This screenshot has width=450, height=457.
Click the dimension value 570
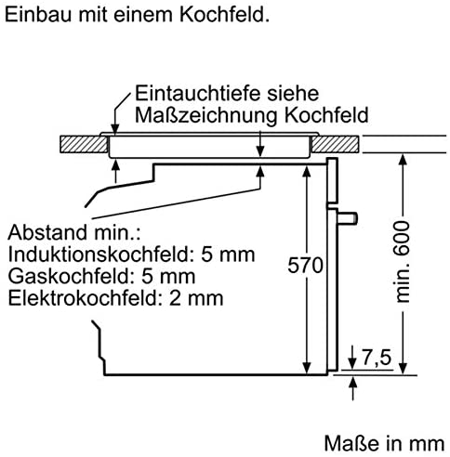click(x=305, y=266)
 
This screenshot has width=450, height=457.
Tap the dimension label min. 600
click(x=403, y=262)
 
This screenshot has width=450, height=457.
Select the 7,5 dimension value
click(x=377, y=358)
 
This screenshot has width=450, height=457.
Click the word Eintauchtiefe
click(x=200, y=93)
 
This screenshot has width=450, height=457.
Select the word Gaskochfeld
click(x=70, y=276)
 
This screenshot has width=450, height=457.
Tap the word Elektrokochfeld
click(x=84, y=298)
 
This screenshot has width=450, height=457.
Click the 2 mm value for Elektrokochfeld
click(x=196, y=298)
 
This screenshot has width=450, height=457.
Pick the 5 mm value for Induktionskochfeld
click(x=228, y=255)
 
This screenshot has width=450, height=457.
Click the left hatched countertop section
click(x=84, y=144)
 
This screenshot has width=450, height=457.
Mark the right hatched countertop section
click(x=336, y=144)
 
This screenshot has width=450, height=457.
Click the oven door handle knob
click(x=348, y=218)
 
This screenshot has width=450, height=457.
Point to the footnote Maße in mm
click(x=384, y=443)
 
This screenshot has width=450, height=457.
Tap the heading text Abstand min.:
click(x=74, y=232)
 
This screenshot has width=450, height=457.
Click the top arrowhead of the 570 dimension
click(x=306, y=171)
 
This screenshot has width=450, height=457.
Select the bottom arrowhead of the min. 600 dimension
click(x=403, y=368)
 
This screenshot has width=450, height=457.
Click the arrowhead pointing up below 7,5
click(x=352, y=382)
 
